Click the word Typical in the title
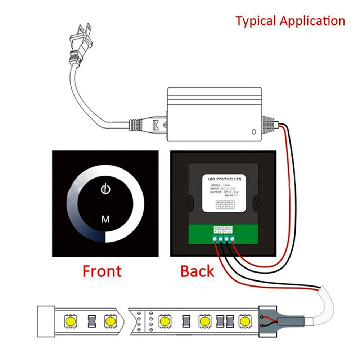256,21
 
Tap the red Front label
102,271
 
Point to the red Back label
197,271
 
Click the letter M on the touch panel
105,219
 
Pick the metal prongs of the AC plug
84,29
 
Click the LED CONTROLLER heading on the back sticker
224,179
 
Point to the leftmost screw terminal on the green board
215,239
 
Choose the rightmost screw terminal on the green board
232,239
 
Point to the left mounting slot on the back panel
187,204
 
